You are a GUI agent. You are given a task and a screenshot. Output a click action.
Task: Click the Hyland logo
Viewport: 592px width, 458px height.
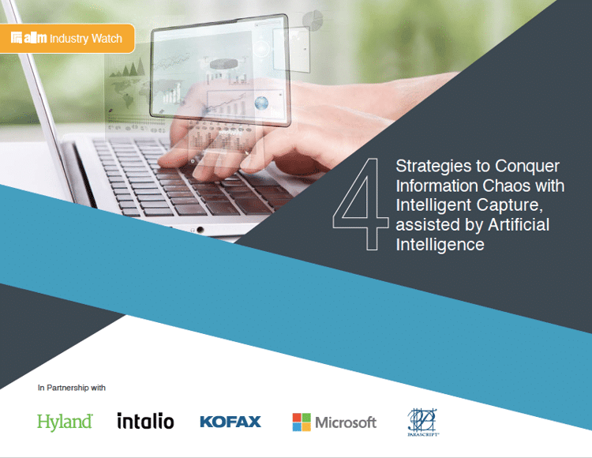click(65, 421)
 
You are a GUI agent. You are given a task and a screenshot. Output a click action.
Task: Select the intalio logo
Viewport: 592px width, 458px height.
click(145, 421)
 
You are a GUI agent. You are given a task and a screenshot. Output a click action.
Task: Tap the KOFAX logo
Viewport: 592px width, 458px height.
click(230, 422)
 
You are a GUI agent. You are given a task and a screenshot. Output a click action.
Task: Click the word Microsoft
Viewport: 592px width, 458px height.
click(346, 422)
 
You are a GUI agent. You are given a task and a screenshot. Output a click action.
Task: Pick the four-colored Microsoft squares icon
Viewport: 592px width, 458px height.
click(301, 422)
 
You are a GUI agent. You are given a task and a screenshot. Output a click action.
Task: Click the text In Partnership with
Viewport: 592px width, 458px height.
click(72, 388)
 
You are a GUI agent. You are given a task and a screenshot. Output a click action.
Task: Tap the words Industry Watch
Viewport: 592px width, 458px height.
click(86, 38)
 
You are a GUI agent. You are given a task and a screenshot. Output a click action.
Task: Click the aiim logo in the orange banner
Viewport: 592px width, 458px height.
click(29, 38)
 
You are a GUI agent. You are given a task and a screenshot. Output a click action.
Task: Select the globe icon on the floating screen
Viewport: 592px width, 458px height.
click(261, 103)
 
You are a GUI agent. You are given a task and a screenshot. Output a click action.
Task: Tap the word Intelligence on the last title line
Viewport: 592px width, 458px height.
click(440, 245)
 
